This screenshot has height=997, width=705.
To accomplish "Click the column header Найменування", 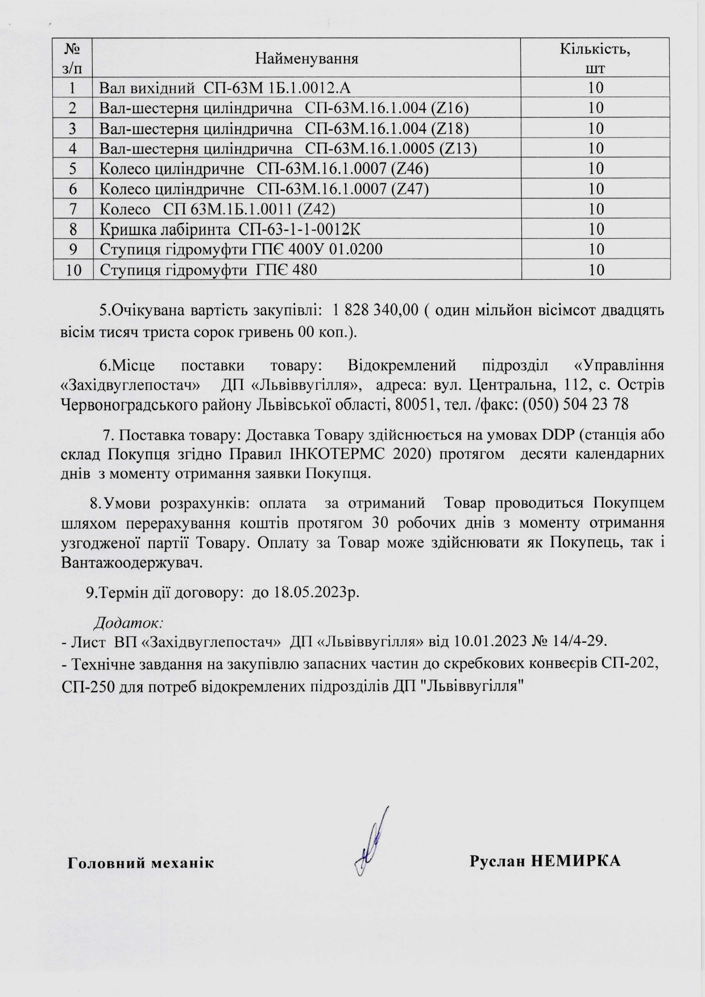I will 306,58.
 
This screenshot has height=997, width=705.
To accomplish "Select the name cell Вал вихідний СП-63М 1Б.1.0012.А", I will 228,88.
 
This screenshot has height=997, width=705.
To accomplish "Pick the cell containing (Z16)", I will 284,108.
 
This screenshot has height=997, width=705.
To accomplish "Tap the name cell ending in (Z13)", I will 288,148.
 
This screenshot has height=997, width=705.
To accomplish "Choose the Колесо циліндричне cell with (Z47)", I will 264,189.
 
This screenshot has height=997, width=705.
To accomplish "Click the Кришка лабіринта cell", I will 231,229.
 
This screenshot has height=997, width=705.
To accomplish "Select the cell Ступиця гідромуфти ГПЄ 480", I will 208,270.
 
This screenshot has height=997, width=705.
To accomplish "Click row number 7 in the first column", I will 72,209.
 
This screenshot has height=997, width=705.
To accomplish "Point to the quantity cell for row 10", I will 596,270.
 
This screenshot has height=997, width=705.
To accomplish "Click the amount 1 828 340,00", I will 374,310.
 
